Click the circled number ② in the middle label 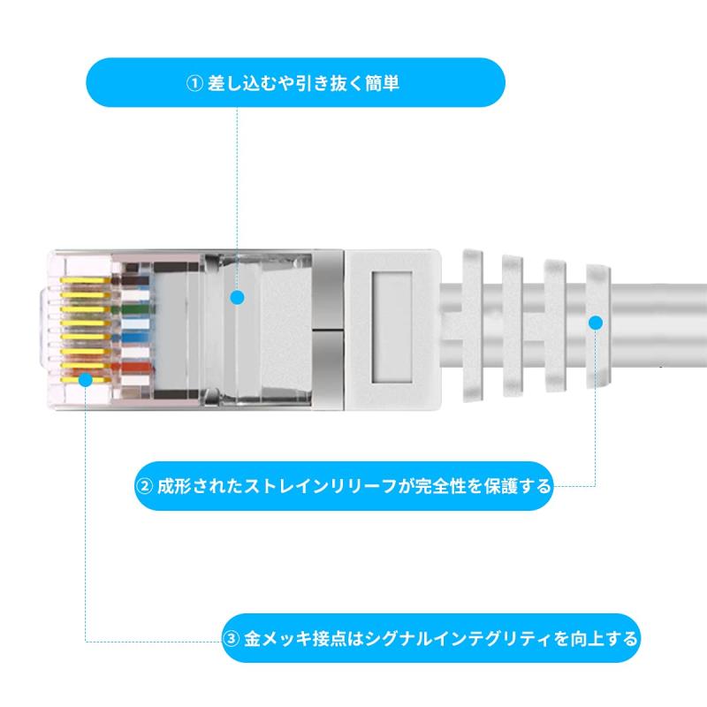[144, 486]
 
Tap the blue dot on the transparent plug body [237, 298]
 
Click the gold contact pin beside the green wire [84, 310]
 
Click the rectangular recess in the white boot [396, 323]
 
